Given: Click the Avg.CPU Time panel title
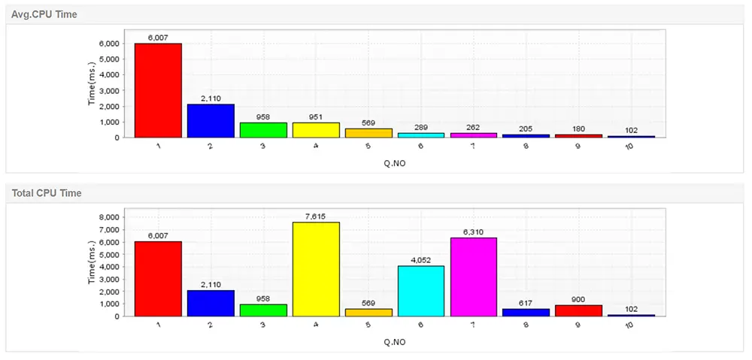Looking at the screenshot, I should (x=44, y=14).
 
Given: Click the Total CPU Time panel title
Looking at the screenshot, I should (x=47, y=193).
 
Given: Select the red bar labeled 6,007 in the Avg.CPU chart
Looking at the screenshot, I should (x=158, y=90).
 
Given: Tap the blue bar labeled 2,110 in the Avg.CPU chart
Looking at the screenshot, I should (x=211, y=121).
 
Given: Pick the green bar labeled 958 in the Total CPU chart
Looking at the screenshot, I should (x=263, y=310).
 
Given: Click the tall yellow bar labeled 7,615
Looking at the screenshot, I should (x=316, y=269).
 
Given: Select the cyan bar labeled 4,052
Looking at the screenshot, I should (x=421, y=291).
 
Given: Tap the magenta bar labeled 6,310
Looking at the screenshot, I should (x=474, y=277).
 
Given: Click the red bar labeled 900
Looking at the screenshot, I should (x=579, y=310).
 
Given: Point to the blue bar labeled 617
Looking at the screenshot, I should (x=526, y=312).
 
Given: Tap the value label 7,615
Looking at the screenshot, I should (x=316, y=216).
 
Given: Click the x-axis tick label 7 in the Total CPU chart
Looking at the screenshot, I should (x=472, y=325).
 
